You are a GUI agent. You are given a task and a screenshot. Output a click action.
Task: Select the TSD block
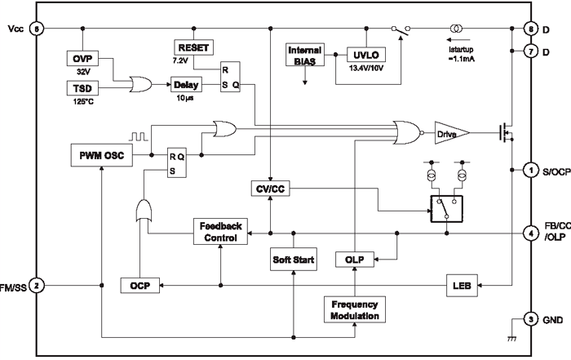point(82,88)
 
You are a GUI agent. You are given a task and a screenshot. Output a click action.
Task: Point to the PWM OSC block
point(102,154)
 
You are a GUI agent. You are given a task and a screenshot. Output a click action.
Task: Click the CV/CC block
point(269,190)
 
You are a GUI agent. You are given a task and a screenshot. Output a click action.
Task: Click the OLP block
point(354,260)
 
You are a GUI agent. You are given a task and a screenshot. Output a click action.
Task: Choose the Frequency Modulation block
point(354,309)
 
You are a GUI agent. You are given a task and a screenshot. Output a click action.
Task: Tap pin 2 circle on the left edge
point(35,286)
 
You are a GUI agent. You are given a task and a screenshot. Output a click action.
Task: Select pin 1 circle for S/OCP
point(530,170)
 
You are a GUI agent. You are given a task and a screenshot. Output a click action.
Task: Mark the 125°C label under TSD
point(82,102)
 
